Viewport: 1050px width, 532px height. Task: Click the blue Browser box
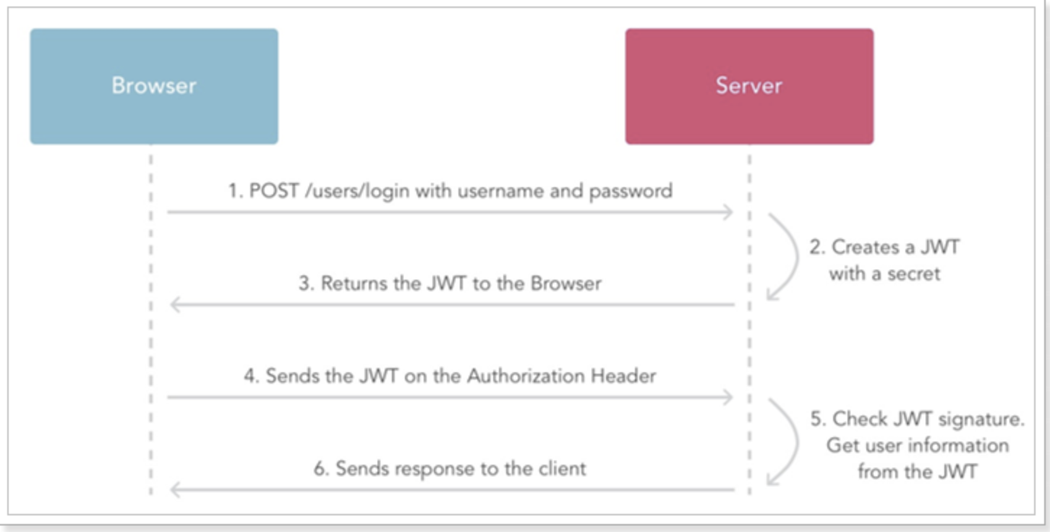pos(153,86)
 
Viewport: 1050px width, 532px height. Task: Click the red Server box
pos(748,86)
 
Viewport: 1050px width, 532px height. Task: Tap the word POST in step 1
pos(270,191)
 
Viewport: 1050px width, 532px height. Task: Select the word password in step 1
pos(631,191)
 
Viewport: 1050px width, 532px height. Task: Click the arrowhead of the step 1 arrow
pos(729,212)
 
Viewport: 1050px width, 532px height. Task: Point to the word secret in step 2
pos(914,273)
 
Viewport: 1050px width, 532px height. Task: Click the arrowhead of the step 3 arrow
pos(174,305)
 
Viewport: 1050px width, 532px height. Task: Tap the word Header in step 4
pos(623,376)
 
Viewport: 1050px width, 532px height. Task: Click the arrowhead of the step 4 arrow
pos(729,397)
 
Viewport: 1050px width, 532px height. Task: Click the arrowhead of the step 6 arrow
pos(174,490)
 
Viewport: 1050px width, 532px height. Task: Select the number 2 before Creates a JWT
pos(816,247)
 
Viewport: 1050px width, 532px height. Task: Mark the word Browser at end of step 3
pos(566,283)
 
